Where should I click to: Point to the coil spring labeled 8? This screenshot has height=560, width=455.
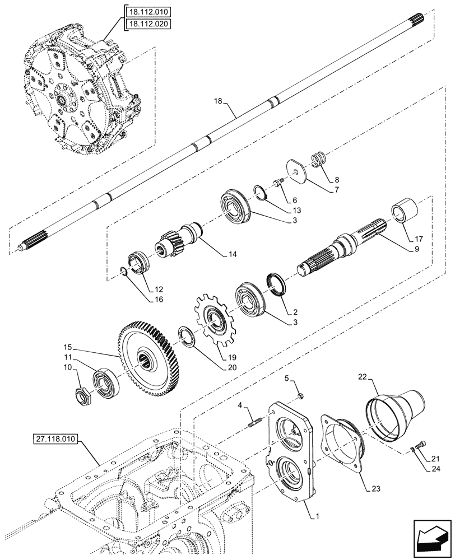click(x=318, y=159)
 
